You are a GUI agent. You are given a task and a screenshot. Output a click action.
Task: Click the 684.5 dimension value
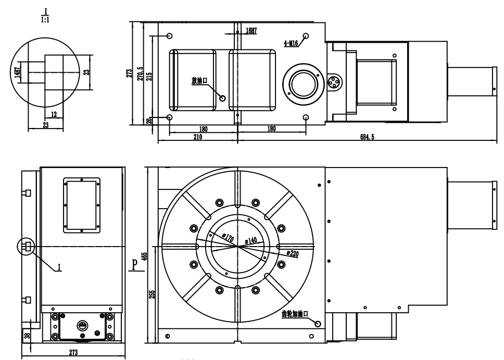pyautogui.click(x=367, y=137)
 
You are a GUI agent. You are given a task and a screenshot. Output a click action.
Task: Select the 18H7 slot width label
pyautogui.click(x=251, y=31)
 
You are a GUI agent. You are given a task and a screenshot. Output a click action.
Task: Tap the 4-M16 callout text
pyautogui.click(x=291, y=43)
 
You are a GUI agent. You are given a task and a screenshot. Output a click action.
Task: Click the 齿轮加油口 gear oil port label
pyautogui.click(x=295, y=314)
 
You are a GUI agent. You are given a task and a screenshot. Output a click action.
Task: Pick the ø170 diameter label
pyautogui.click(x=228, y=238)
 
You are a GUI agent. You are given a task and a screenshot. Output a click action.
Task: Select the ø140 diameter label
pyautogui.click(x=251, y=240)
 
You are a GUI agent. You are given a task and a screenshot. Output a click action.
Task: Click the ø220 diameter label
pyautogui.click(x=293, y=254)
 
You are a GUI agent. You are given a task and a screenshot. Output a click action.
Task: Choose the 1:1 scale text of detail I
pyautogui.click(x=45, y=20)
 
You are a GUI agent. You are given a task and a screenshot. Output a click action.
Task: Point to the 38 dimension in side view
pyautogui.click(x=27, y=335)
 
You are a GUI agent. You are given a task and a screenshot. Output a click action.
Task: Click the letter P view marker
pyautogui.click(x=135, y=265)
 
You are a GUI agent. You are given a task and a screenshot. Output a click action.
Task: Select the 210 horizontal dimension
pyautogui.click(x=198, y=137)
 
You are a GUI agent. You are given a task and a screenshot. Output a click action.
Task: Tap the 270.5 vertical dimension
pyautogui.click(x=140, y=73)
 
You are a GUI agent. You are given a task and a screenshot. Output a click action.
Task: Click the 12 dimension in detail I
pyautogui.click(x=54, y=114)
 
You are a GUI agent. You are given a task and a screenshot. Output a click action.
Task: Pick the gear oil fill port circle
pyautogui.click(x=318, y=324)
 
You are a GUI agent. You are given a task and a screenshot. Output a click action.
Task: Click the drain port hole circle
pyautogui.click(x=222, y=98)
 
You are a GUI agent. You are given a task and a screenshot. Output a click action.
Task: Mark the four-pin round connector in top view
pyautogui.click(x=334, y=82)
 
